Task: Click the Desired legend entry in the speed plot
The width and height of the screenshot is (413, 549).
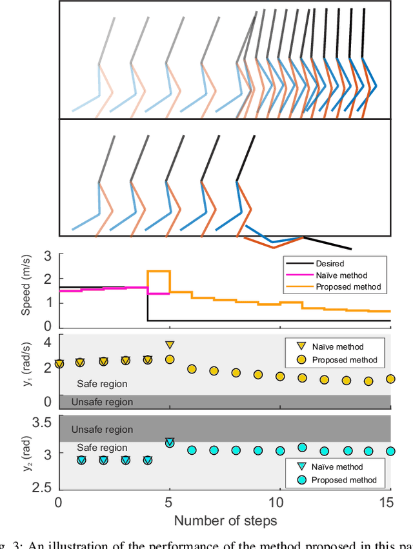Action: pos(329,263)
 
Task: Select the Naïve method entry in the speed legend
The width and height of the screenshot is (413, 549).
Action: pos(339,275)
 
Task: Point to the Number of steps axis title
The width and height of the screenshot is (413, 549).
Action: pos(225,520)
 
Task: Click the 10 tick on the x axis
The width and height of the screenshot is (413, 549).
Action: pos(280,502)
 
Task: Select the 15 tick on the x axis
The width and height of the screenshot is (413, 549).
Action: pos(390,502)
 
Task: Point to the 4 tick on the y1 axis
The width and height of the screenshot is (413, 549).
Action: pos(48,342)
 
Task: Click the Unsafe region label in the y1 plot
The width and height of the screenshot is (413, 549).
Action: pos(102,402)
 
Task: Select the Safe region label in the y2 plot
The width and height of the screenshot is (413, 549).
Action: pos(102,448)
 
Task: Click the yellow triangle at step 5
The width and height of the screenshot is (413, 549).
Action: pos(170,345)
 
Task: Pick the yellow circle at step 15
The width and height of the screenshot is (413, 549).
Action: pos(390,379)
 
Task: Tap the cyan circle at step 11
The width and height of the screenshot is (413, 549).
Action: pos(302,447)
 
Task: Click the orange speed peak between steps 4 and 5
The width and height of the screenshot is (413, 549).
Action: pos(159,272)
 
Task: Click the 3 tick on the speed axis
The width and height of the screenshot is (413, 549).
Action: pos(48,255)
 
